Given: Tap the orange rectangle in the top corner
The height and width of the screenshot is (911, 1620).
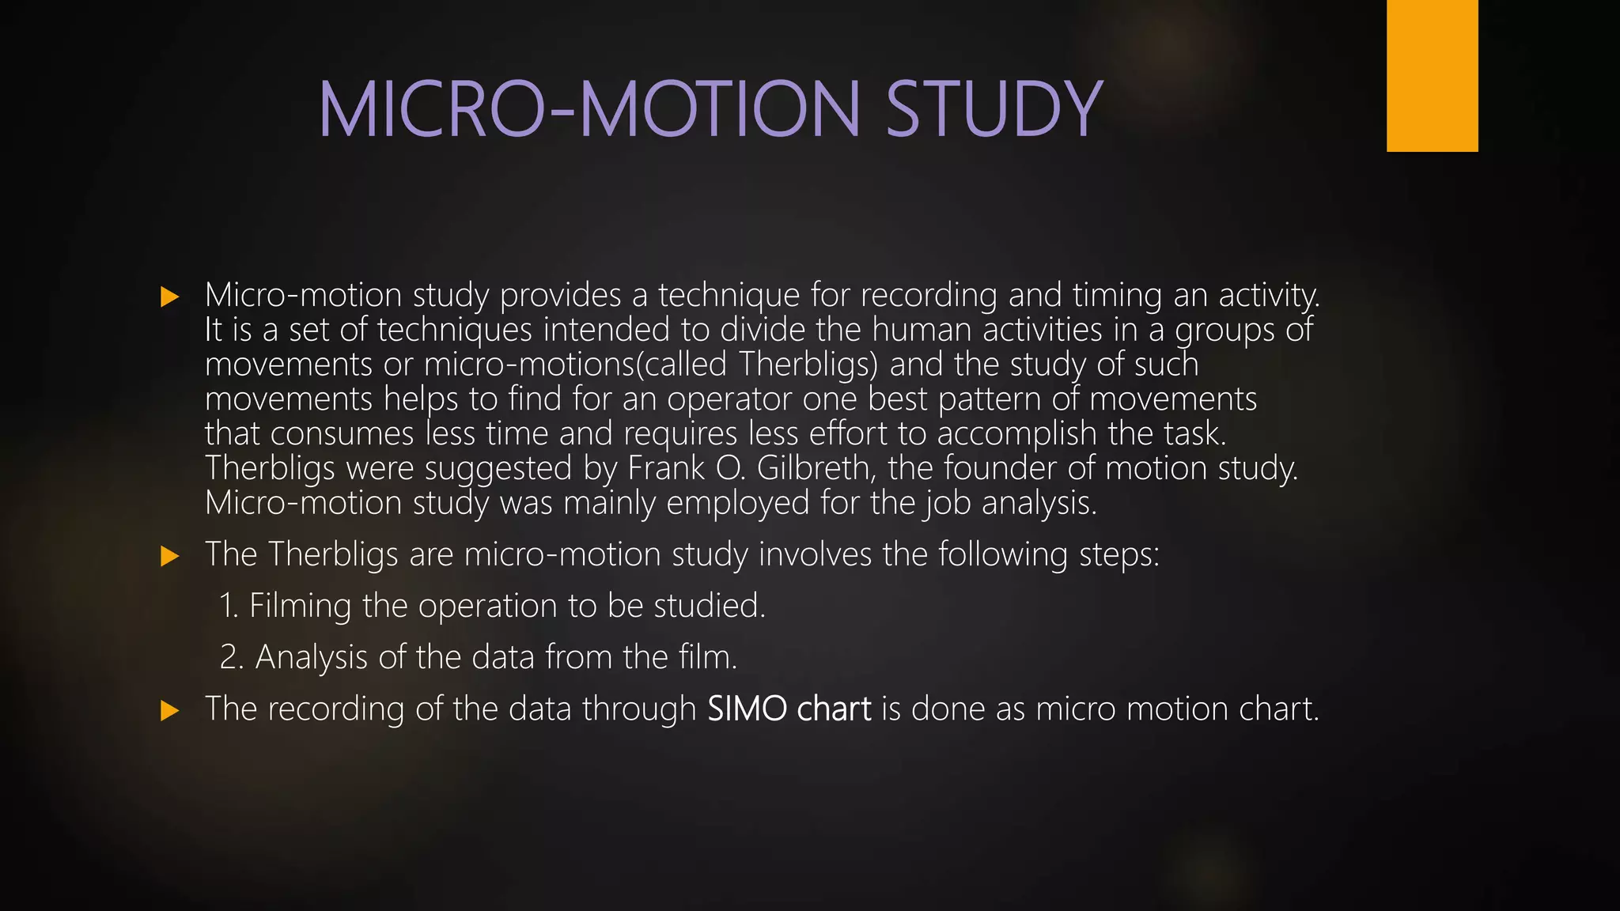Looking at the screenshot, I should coord(1432,76).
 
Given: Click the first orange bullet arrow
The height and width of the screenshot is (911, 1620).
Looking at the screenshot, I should coord(169,297).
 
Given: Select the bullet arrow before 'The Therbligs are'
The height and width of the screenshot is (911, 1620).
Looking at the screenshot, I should coord(169,557).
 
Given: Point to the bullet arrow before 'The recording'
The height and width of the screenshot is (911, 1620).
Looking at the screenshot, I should coord(169,710).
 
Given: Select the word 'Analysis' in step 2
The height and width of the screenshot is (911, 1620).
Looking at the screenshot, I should coord(312,658).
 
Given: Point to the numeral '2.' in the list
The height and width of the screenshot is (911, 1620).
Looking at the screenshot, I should coord(232,658).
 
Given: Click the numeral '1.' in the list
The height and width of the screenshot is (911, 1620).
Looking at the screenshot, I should coord(229,607).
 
